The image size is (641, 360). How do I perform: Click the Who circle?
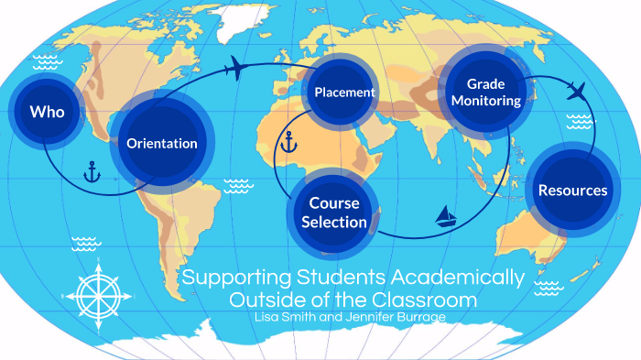pos(46,113)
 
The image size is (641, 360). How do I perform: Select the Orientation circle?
pos(161,143)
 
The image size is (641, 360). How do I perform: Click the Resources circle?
pos(572,191)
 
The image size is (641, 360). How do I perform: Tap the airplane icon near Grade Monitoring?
pos(576,90)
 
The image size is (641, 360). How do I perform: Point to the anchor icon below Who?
pos(92,170)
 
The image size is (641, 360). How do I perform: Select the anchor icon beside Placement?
pos(288,143)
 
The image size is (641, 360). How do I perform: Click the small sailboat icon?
pos(446,216)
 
